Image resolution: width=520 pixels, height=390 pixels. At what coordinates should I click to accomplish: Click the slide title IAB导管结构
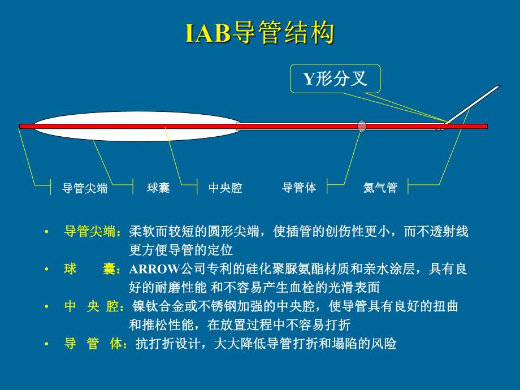260,33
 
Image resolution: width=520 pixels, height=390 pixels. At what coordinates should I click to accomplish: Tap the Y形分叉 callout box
335,79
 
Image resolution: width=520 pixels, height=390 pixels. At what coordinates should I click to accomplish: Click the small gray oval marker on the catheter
362,126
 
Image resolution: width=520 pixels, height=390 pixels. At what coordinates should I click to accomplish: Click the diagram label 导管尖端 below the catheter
85,188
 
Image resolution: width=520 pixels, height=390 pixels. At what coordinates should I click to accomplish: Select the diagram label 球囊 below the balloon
158,188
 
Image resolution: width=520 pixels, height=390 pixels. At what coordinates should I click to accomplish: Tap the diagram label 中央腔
225,188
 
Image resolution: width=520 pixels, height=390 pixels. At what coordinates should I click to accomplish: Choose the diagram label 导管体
299,188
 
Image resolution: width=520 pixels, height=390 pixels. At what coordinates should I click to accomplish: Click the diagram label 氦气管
380,188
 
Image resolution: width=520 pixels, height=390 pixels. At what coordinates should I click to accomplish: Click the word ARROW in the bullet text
154,269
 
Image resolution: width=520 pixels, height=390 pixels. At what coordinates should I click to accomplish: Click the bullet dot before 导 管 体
47,344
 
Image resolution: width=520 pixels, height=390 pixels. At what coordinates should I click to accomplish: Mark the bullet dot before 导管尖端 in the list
47,232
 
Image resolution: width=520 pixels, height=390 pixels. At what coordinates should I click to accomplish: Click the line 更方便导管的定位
181,250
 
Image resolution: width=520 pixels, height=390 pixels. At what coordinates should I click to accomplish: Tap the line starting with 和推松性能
240,325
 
